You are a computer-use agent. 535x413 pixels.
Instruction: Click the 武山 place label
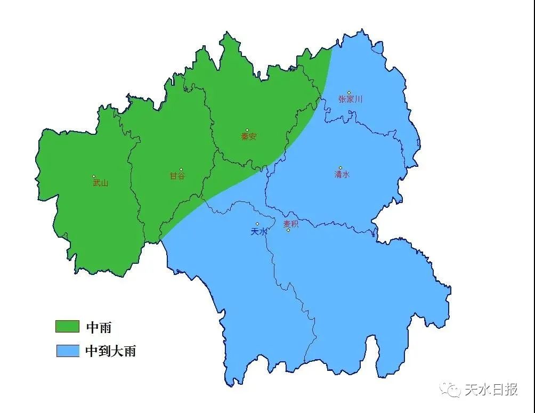click(x=100, y=183)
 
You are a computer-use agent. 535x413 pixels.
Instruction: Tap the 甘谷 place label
click(x=177, y=176)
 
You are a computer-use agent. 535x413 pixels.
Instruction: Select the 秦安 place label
click(x=249, y=136)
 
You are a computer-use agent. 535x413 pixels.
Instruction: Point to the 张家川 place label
click(x=350, y=99)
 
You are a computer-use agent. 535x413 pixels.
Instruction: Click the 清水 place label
click(x=342, y=174)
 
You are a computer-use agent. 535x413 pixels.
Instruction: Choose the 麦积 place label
click(x=291, y=224)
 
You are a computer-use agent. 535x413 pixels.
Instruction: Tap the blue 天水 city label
click(x=258, y=232)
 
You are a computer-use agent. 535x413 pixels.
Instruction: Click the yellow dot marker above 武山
click(x=94, y=176)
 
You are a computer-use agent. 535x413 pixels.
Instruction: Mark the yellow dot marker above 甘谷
click(x=181, y=169)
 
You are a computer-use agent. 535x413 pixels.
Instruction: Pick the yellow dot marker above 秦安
click(x=247, y=130)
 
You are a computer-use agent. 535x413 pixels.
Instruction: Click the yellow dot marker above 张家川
click(x=349, y=93)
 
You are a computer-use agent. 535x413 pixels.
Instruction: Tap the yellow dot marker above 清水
click(x=341, y=168)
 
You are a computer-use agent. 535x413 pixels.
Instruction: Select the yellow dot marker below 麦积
click(x=288, y=230)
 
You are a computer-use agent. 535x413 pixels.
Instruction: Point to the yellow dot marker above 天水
click(x=257, y=224)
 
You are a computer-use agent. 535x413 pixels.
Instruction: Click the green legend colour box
click(x=67, y=326)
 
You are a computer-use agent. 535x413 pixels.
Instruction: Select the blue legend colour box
click(x=67, y=351)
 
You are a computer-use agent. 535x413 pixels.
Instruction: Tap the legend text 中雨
click(x=99, y=327)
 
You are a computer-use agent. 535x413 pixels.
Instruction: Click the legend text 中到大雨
click(x=111, y=351)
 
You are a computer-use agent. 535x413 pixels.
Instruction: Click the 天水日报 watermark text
click(x=491, y=390)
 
